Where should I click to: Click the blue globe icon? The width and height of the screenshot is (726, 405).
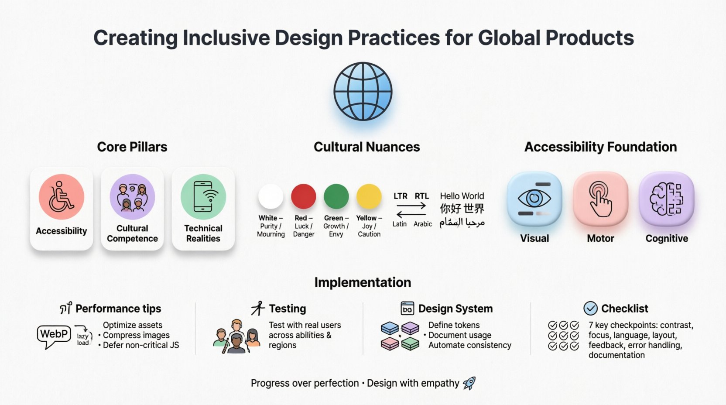tap(363, 92)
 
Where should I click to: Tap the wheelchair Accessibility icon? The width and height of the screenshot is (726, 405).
tap(62, 197)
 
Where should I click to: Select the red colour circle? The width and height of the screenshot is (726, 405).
tap(304, 196)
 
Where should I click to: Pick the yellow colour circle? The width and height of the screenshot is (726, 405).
tap(369, 196)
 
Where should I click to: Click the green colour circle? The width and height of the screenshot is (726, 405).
tap(336, 196)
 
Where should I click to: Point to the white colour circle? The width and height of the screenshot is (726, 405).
tap(271, 196)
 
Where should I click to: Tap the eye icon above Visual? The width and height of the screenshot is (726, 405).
tap(534, 199)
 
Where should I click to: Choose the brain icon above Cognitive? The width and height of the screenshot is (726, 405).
tap(667, 199)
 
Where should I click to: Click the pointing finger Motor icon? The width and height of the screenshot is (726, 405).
tap(601, 199)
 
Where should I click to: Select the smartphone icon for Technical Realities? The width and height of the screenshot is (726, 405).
tap(203, 197)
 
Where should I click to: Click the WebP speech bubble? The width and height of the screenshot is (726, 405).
tap(54, 335)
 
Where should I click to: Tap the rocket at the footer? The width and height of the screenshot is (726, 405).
tap(469, 383)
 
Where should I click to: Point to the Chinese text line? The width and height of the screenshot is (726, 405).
tap(462, 209)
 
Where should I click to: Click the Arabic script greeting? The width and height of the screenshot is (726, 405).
tap(462, 223)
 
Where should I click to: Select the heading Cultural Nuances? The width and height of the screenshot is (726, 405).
tap(366, 147)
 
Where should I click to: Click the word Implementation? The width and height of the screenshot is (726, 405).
tap(363, 282)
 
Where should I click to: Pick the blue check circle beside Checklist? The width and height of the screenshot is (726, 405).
tap(590, 309)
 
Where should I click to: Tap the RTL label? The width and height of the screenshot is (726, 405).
tap(421, 196)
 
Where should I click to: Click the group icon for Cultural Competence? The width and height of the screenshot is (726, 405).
tap(132, 197)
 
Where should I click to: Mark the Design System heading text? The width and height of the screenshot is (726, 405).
tap(455, 309)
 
